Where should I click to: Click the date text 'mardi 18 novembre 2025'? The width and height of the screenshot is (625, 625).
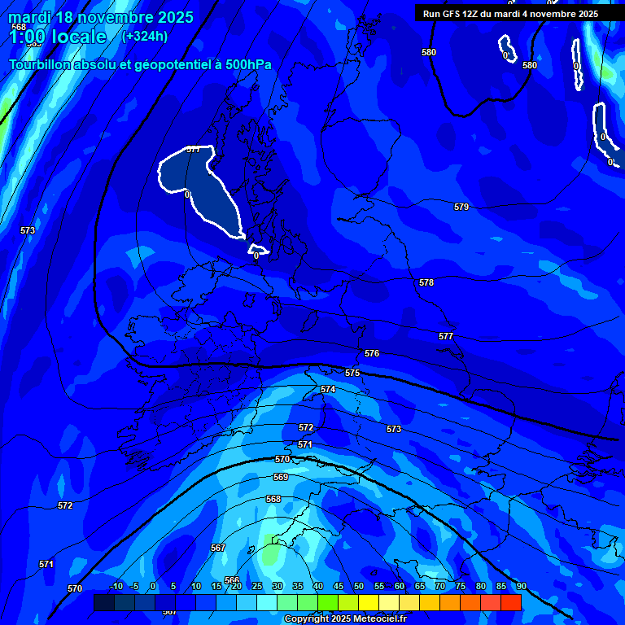(101, 17)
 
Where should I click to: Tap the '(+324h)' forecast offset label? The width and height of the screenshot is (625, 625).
(145, 36)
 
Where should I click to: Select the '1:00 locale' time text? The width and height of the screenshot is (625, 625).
(57, 37)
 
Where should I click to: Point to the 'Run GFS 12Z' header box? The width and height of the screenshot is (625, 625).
(510, 14)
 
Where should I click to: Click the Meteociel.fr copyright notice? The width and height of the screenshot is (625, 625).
(345, 619)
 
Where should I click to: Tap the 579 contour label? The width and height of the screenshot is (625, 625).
(461, 208)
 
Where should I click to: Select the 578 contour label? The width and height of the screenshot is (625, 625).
(426, 282)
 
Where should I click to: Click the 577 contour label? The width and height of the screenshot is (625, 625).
(446, 336)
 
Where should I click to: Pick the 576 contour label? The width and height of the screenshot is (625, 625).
(372, 354)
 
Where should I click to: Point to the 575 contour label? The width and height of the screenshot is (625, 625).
(352, 373)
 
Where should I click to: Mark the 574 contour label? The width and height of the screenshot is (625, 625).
(328, 390)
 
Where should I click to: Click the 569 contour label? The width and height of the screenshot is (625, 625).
(281, 477)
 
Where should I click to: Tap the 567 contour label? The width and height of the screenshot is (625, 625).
(218, 548)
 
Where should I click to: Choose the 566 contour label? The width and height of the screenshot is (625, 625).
(233, 580)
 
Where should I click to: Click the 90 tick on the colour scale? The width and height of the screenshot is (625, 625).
(521, 586)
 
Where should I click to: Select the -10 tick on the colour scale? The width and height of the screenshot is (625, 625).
(116, 586)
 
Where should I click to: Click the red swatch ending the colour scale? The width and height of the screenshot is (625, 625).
(510, 602)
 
